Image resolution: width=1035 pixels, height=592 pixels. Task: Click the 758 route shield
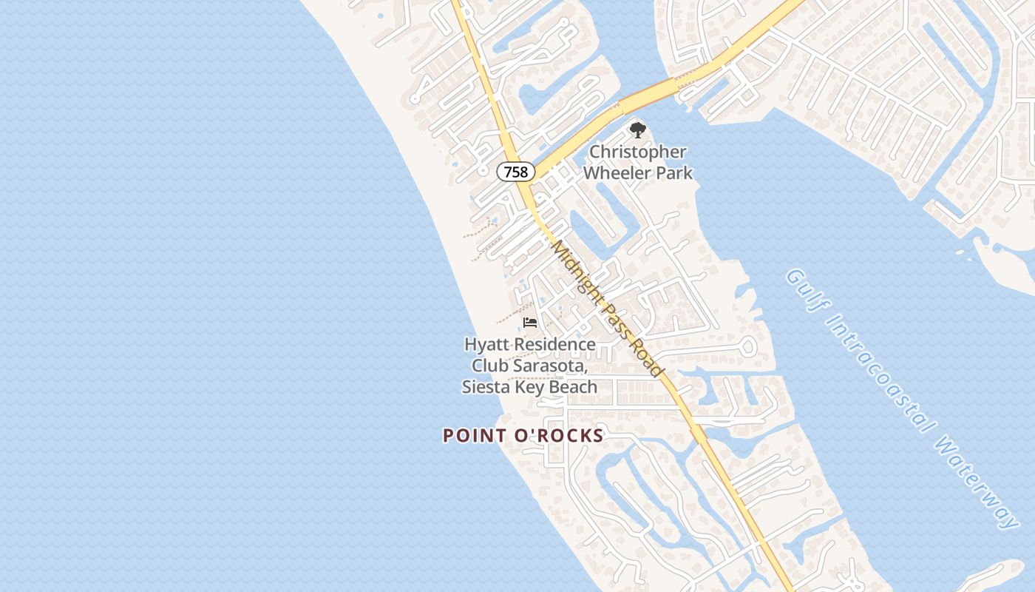click(x=515, y=172)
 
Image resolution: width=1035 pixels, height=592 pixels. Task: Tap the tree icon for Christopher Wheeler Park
click(x=637, y=131)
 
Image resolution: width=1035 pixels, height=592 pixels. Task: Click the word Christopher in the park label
click(x=637, y=152)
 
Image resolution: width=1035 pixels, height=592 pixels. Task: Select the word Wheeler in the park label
click(x=616, y=173)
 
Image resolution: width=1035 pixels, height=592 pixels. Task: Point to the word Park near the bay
click(x=672, y=173)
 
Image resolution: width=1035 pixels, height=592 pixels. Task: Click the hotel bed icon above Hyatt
click(x=529, y=323)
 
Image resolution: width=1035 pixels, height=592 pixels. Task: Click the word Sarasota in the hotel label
click(x=552, y=366)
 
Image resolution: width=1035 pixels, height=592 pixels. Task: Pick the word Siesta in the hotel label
click(x=486, y=387)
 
